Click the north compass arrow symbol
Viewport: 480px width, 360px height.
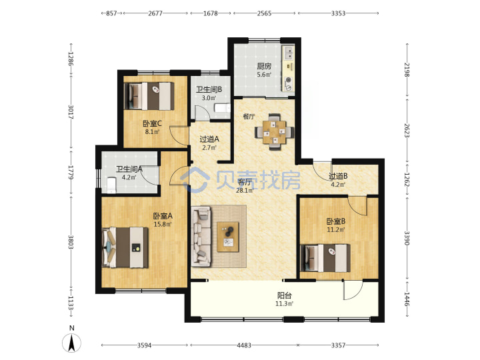tap(71, 342)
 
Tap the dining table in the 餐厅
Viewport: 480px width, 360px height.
tap(275, 132)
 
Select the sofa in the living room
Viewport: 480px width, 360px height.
tap(201, 236)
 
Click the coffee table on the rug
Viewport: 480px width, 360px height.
tap(228, 237)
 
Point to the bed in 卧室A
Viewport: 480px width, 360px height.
tap(125, 247)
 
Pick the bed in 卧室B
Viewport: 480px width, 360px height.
tap(325, 258)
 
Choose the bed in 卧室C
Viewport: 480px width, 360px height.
tap(149, 96)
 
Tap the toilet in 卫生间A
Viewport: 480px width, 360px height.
tap(112, 185)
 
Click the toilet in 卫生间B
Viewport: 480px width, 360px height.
tap(223, 108)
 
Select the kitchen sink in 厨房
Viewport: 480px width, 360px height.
tap(289, 53)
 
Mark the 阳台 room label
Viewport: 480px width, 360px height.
tap(285, 295)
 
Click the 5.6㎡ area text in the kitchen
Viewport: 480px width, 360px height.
tap(263, 75)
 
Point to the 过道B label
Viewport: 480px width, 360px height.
tap(338, 176)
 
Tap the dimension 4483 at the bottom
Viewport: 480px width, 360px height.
tap(244, 345)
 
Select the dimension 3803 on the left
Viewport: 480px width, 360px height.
tap(71, 242)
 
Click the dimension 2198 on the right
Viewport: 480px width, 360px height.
tap(407, 69)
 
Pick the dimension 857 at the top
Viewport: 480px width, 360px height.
tap(111, 13)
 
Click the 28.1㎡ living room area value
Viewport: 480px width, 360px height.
tap(244, 191)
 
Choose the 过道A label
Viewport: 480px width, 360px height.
tap(209, 139)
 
